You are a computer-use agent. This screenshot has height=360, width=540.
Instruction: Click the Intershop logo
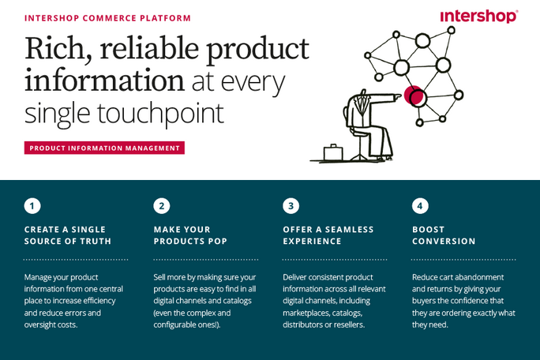[478, 16]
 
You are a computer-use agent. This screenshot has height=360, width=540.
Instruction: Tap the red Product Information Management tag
[104, 148]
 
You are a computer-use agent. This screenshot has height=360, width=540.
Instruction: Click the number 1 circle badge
[32, 206]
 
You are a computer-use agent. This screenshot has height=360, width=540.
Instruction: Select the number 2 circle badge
[162, 206]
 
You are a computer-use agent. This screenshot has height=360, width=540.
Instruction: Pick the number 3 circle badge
[291, 206]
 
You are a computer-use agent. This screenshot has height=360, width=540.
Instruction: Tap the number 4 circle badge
[421, 206]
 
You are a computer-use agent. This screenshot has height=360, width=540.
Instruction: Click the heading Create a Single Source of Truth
[68, 235]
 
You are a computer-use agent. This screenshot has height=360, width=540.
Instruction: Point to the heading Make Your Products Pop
[190, 235]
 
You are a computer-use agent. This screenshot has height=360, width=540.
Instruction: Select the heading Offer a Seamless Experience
[328, 235]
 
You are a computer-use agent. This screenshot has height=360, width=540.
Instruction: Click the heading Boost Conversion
[444, 235]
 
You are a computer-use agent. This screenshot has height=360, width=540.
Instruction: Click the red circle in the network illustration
[412, 96]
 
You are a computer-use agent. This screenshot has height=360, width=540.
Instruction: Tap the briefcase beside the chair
[332, 152]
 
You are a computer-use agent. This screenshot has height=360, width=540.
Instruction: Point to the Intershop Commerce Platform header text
[107, 17]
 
